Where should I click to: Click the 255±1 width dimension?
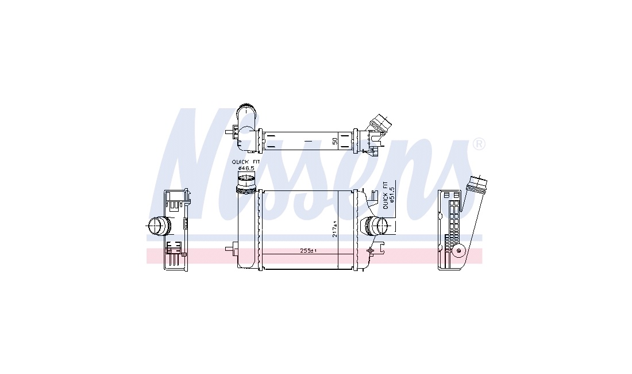coord(309,250)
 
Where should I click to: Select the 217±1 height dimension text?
coord(334,229)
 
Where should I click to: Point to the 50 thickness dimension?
coord(334,141)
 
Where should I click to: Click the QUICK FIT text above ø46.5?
coord(246,162)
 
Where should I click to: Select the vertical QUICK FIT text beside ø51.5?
coord(386,195)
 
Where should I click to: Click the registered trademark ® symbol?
coord(479,144)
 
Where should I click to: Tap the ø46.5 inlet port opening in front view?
coord(245,179)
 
